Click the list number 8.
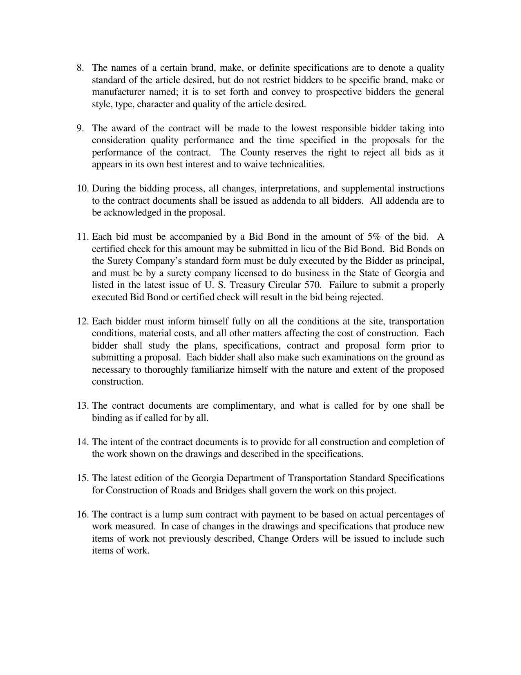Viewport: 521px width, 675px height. tap(80, 67)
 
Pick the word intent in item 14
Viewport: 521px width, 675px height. tap(121, 442)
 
